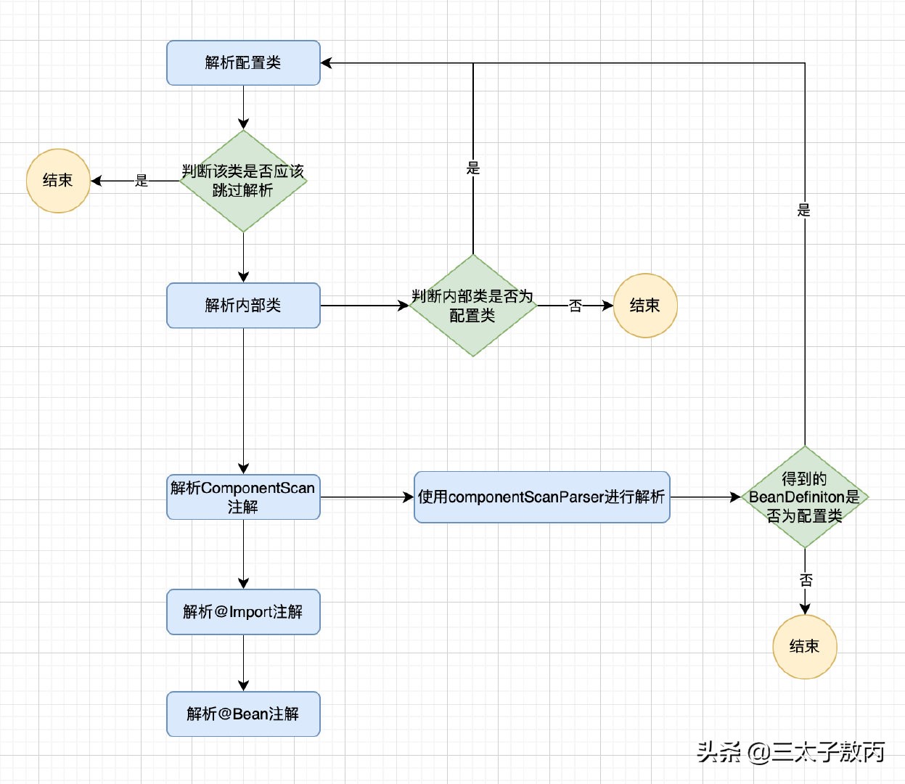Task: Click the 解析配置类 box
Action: pyautogui.click(x=243, y=63)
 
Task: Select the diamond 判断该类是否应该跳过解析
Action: pyautogui.click(x=243, y=181)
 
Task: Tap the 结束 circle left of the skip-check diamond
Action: pyautogui.click(x=58, y=181)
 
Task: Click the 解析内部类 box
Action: pyautogui.click(x=243, y=306)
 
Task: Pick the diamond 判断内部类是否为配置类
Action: pyautogui.click(x=472, y=306)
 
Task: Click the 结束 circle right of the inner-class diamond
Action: pyautogui.click(x=645, y=306)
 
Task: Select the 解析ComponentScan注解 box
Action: pyautogui.click(x=243, y=497)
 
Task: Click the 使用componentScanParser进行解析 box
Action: pyautogui.click(x=541, y=497)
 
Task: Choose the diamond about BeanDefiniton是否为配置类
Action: pyautogui.click(x=804, y=497)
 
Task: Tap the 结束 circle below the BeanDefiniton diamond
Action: pyautogui.click(x=804, y=647)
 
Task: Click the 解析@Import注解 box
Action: pyautogui.click(x=243, y=612)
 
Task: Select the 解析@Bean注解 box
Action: pyautogui.click(x=243, y=714)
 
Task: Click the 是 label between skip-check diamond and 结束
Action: pyautogui.click(x=142, y=181)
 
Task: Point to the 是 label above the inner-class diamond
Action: pyautogui.click(x=473, y=168)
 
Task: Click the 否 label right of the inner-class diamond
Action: pyautogui.click(x=576, y=306)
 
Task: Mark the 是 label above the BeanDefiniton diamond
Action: pyautogui.click(x=804, y=210)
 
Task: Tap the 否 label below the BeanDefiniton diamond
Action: pyautogui.click(x=806, y=580)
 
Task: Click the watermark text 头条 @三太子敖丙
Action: pyautogui.click(x=791, y=752)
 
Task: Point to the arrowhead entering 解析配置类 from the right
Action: pyautogui.click(x=327, y=63)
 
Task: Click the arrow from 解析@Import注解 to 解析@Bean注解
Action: pyautogui.click(x=243, y=663)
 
